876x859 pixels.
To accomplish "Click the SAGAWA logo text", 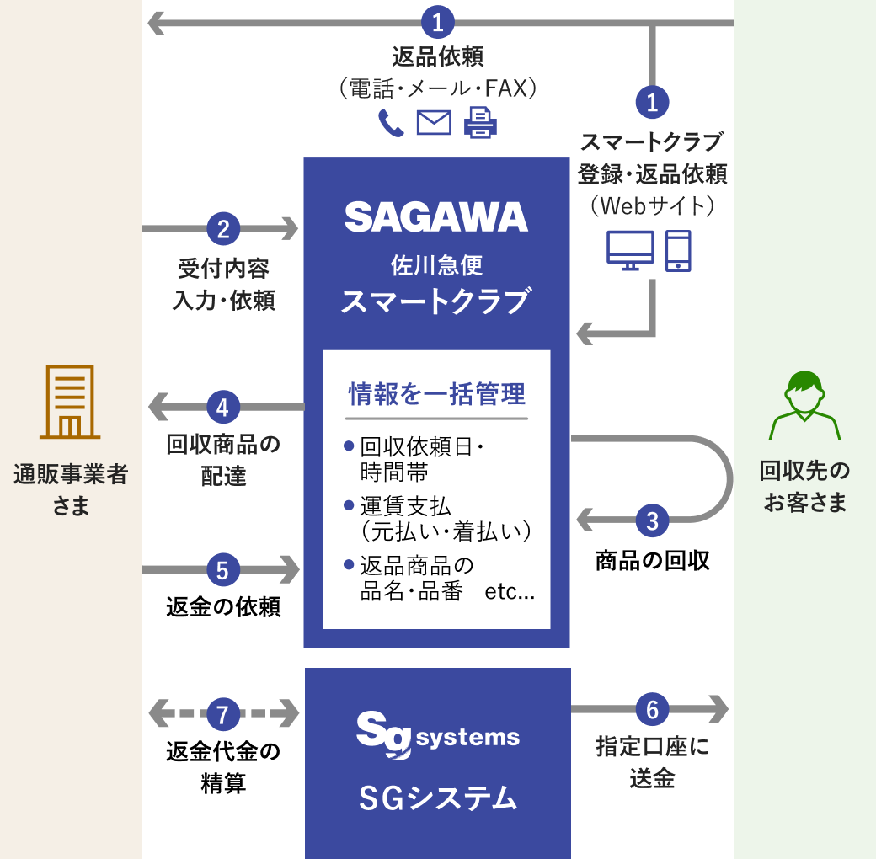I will (x=436, y=217).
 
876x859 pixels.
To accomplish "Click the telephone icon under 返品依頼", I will (x=390, y=123).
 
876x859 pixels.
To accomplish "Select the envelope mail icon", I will (x=434, y=123).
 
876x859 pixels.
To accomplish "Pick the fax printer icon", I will (x=480, y=123).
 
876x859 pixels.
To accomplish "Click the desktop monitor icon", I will (x=630, y=251).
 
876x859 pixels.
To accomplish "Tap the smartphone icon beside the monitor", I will (x=678, y=251).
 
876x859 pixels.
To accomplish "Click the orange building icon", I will (x=70, y=403).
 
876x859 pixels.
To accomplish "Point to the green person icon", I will (x=804, y=405).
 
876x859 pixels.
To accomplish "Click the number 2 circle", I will (x=223, y=228).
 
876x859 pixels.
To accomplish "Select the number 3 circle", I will (x=652, y=520).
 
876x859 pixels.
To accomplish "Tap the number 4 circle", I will (x=223, y=408).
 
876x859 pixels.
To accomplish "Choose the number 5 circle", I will (x=223, y=571).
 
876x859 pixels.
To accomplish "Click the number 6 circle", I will (x=652, y=710).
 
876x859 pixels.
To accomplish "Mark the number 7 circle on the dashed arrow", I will (x=223, y=715).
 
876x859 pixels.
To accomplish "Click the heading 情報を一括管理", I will (x=436, y=394).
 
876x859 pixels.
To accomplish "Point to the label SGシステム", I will (x=437, y=798).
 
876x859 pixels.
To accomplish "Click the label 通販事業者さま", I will (x=71, y=490).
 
